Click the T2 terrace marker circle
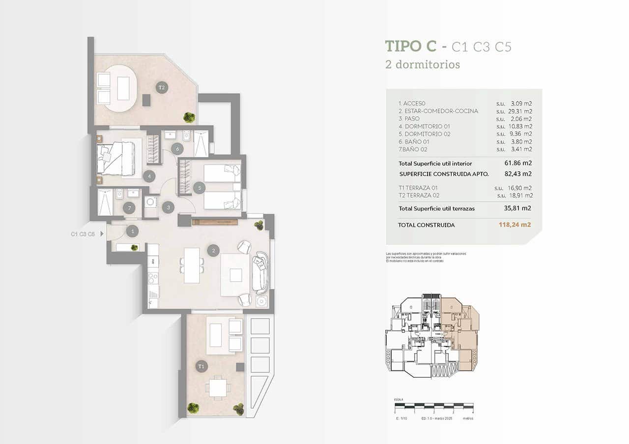[162, 88]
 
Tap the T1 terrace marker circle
[201, 366]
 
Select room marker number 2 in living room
[213, 251]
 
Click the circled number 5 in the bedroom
[199, 187]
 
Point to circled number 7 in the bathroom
[129, 208]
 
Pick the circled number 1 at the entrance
[132, 231]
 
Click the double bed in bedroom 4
[117, 158]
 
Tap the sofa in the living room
[260, 272]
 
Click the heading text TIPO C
[411, 46]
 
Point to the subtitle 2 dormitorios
[423, 64]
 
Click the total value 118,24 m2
[515, 225]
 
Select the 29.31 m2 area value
[521, 111]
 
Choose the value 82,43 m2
[518, 174]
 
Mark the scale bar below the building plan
[433, 407]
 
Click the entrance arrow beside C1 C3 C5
[102, 234]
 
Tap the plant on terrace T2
[189, 117]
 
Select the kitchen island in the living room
[192, 265]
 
